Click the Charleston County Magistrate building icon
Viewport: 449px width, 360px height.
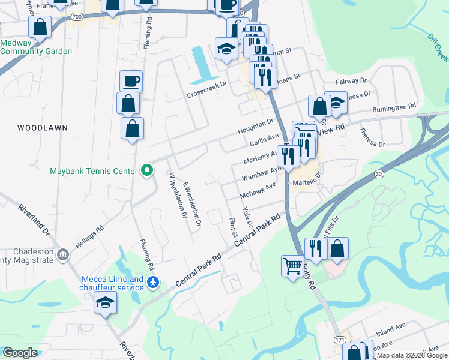coord(62,256)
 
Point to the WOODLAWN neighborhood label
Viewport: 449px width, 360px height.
coord(43,128)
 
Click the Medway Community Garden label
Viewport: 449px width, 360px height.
coord(36,47)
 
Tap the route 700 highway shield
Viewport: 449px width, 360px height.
coord(76,17)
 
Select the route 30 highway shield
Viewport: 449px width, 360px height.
coord(378,174)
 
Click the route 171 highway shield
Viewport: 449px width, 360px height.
coord(340,340)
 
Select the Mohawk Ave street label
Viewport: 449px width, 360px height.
coord(258,191)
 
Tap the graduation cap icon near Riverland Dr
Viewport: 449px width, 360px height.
coord(105,302)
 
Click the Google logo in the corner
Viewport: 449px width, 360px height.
coord(20,353)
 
